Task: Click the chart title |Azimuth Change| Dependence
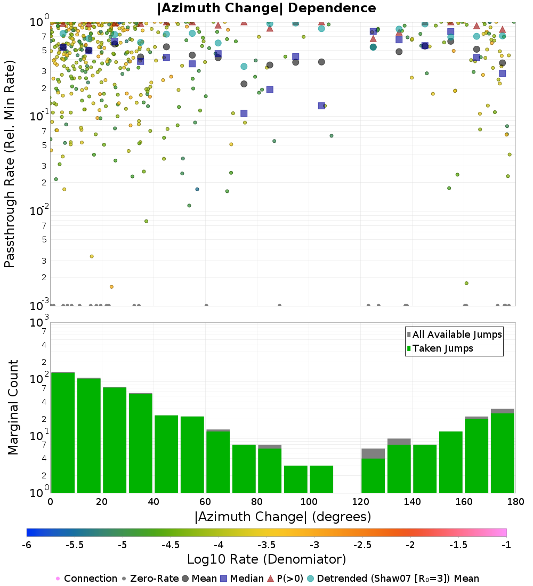point(266,9)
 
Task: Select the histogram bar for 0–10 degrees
point(63,432)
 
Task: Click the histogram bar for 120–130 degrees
point(373,474)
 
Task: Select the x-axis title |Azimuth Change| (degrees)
point(282,517)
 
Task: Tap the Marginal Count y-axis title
point(13,408)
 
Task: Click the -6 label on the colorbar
point(27,546)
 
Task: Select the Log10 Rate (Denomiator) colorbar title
point(266,559)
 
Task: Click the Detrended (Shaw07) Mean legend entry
point(398,579)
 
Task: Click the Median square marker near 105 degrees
point(321,105)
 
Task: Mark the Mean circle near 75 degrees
point(244,84)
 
